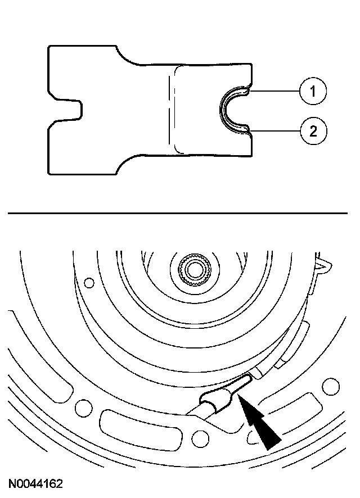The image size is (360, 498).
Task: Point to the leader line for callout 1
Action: point(276,90)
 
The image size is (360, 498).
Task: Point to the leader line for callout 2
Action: point(276,132)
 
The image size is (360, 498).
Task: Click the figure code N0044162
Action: point(35,483)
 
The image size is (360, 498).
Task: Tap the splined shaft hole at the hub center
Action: point(195,269)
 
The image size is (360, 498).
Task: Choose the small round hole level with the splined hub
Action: point(89,283)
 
